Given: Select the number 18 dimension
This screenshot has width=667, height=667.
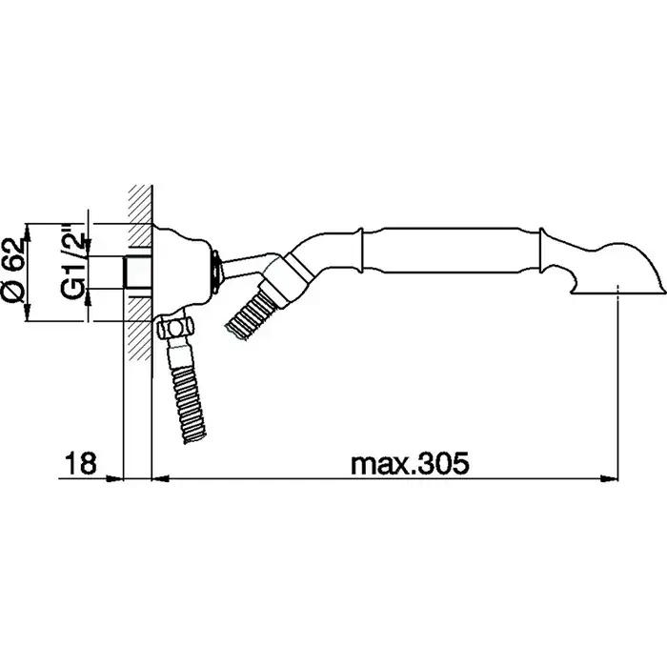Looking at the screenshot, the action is [80, 463].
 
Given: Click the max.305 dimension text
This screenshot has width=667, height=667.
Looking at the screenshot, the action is [410, 463].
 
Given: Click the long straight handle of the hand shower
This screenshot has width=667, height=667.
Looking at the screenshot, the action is [451, 250].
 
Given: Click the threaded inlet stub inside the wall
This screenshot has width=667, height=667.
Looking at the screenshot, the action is [137, 273].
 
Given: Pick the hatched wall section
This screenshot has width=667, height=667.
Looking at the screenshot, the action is [140, 273].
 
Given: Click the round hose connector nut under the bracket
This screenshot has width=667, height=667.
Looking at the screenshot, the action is [174, 329].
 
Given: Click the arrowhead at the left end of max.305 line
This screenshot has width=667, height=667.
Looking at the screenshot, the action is [161, 479].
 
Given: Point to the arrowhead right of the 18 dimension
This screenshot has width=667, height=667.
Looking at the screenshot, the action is [114, 479].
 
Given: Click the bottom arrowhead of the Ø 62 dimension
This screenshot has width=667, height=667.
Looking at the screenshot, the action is [28, 312].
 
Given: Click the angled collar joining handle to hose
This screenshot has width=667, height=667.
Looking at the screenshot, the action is [286, 277].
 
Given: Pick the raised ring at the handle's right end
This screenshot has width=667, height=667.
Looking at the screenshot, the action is [542, 251].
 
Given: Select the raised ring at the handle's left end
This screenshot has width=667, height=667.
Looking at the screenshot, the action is [361, 250].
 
